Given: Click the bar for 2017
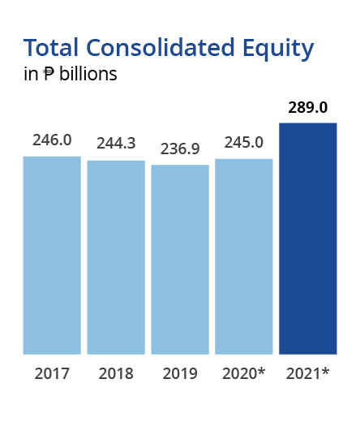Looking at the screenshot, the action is pos(52,256).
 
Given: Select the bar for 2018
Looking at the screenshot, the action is pos(116,257).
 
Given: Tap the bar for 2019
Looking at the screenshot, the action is pos(180,260).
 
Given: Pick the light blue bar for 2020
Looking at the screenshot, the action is pos(244,256).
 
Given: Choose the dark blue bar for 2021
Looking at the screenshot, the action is pos(308,239).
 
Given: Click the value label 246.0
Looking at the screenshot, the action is pos(52,140).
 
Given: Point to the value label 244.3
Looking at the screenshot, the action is pos(116,143).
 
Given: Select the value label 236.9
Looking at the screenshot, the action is pos(180,149).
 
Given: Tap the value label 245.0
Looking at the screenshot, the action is pos(244,142).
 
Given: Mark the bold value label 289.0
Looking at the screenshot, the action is pos(308,107).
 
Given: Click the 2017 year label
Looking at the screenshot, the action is pos(52,373).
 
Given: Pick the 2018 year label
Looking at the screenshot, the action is pos(116,373).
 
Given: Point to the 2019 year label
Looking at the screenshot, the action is pos(180,373).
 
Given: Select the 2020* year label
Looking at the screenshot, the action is pos(244,373).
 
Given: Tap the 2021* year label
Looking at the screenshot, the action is pos(307,373).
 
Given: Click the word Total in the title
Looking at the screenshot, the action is pos(51,47).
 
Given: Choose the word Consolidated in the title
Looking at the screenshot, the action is pos(161,47).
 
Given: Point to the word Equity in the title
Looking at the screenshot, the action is pos(278,50).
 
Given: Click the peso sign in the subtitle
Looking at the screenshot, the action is pos(49,74).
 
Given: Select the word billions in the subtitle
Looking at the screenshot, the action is pos(88,73).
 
